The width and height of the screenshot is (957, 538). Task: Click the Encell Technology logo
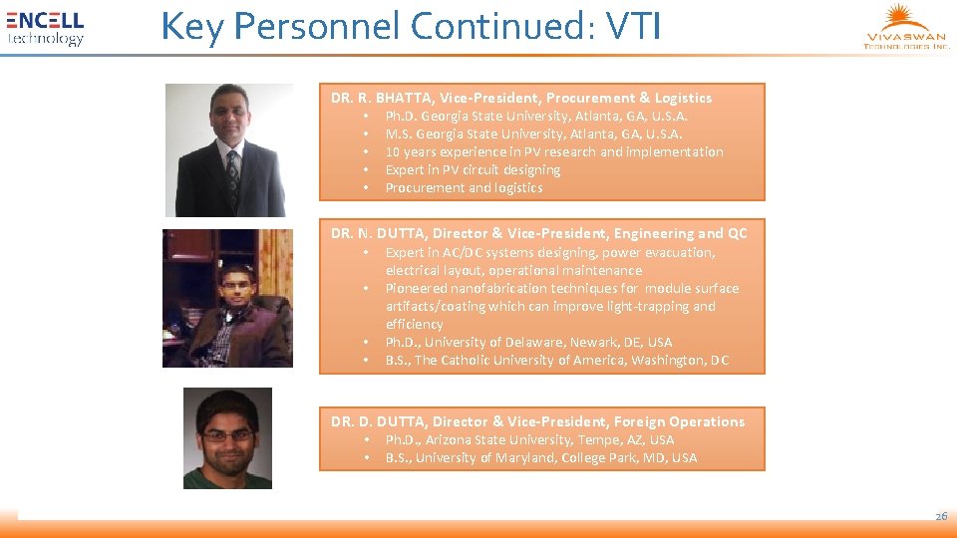(x=45, y=28)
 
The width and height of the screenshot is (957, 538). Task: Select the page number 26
(x=940, y=516)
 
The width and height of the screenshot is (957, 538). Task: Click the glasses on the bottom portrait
(x=227, y=435)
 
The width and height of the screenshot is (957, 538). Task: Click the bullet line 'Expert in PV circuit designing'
(x=473, y=169)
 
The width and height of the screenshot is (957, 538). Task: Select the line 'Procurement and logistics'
(x=464, y=187)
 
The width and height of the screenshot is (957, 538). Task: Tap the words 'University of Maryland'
(x=484, y=457)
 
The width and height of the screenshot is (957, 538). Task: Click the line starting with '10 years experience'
(x=554, y=151)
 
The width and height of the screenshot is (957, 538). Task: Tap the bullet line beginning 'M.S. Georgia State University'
(x=533, y=134)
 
